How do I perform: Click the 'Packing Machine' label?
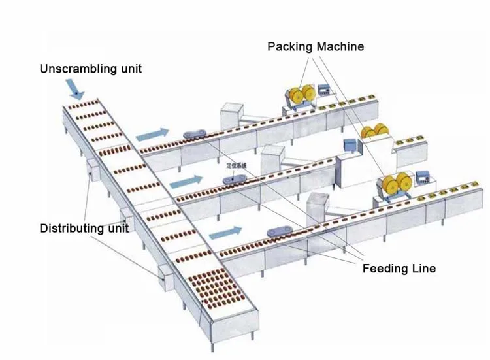[x=316, y=46]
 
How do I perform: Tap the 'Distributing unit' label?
[x=84, y=228]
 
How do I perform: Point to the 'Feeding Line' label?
[x=399, y=269]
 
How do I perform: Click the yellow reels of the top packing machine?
[x=302, y=95]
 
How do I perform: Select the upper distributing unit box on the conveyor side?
[x=91, y=170]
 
